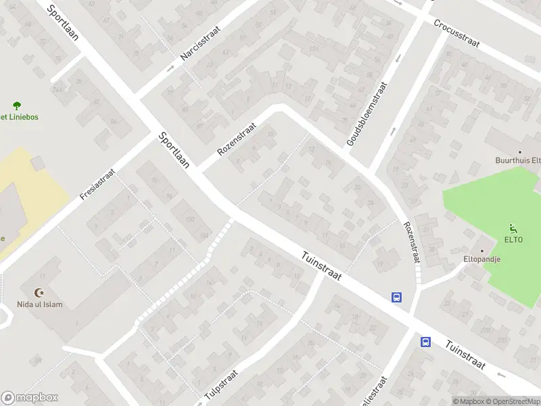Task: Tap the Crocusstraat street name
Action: [457, 33]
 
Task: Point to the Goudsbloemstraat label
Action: [367, 114]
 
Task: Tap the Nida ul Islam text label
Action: [40, 304]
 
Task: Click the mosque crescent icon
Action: [39, 292]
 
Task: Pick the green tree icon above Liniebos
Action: [17, 105]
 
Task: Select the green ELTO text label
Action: [513, 240]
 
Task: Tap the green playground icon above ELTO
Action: [512, 228]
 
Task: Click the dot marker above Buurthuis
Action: [519, 152]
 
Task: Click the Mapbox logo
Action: [30, 398]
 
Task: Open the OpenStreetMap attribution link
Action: [513, 401]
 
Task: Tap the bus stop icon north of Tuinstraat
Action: [396, 296]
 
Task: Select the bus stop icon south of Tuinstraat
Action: [426, 342]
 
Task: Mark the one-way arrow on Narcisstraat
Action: [170, 69]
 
